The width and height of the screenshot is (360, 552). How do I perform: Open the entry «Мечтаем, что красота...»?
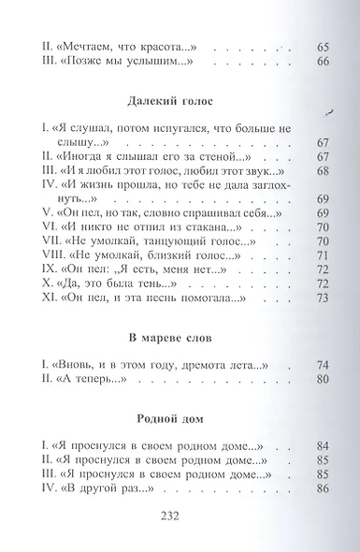coord(122,45)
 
